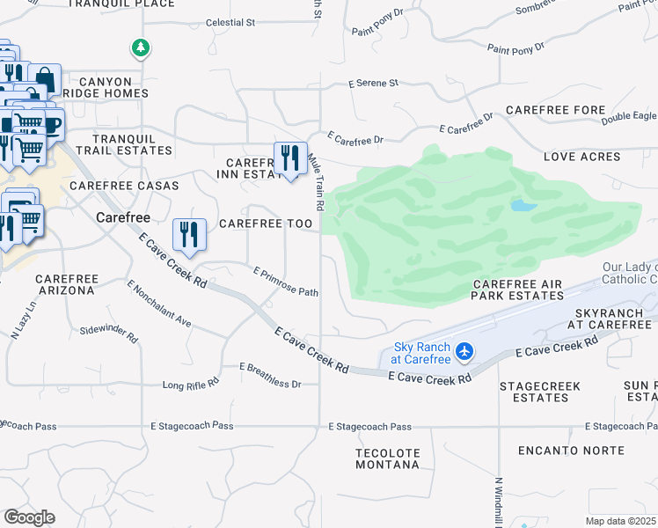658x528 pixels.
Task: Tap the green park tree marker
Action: pos(140,48)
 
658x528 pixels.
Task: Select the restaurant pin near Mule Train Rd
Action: pos(290,159)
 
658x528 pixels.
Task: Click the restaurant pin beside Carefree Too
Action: pos(189,235)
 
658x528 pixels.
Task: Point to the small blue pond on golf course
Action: pos(523,205)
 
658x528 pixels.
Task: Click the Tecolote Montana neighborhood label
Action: pos(388,458)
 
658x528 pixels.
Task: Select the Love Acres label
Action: pos(581,157)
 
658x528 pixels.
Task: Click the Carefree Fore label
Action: pos(555,110)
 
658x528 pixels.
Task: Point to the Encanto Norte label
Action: pos(571,451)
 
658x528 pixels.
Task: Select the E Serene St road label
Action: pos(373,83)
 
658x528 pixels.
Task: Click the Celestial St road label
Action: pos(230,22)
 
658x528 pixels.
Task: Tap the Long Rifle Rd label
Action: pos(190,385)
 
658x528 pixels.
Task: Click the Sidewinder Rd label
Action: pos(109,333)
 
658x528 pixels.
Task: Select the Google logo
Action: pos(29,517)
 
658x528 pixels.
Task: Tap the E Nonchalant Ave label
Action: pos(158,304)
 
